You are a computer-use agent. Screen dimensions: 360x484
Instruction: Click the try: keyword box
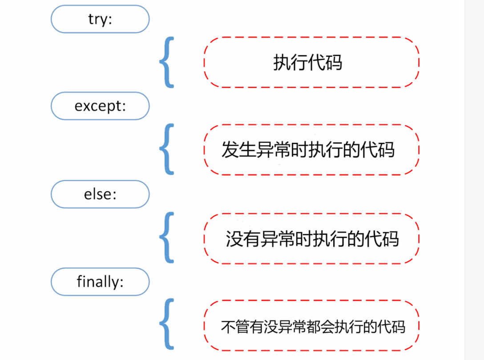(x=100, y=19)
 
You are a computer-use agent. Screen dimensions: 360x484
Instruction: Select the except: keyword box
(x=100, y=106)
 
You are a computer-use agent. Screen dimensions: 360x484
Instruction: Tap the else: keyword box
(x=100, y=194)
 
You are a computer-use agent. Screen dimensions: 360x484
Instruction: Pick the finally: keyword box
(x=100, y=282)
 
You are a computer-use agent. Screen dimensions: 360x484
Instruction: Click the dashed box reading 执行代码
(x=311, y=62)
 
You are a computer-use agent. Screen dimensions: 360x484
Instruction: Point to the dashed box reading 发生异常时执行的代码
(x=311, y=150)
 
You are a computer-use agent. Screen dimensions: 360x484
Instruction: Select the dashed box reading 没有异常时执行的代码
(x=311, y=239)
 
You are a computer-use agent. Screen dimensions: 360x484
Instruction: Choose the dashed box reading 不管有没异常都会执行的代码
(x=311, y=326)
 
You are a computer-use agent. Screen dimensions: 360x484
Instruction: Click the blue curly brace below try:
(x=166, y=62)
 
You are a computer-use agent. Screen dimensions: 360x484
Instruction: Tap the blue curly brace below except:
(x=166, y=150)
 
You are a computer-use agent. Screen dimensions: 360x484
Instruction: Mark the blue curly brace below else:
(x=166, y=238)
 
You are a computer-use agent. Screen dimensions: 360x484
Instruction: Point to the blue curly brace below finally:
(x=166, y=325)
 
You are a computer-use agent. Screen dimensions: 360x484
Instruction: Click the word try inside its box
(x=97, y=20)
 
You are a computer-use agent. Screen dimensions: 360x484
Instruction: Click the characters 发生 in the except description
(x=238, y=150)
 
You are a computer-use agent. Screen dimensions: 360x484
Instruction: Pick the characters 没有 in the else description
(x=243, y=239)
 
